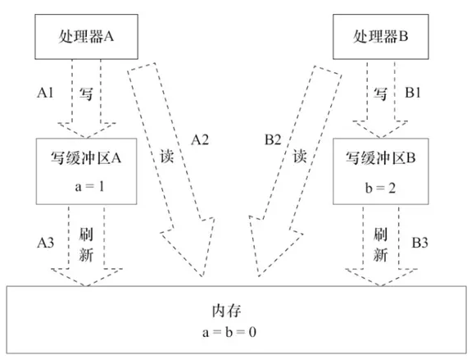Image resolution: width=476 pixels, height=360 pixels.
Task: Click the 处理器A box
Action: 84,36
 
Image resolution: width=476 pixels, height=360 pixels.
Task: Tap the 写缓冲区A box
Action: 84,171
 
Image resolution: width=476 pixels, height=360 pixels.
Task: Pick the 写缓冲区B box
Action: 378,171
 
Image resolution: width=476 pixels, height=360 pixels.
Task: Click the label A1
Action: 46,93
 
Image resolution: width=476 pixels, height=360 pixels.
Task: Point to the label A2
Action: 200,139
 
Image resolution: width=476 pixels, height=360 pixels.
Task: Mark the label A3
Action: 46,242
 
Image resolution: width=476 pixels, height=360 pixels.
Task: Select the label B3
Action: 419,242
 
